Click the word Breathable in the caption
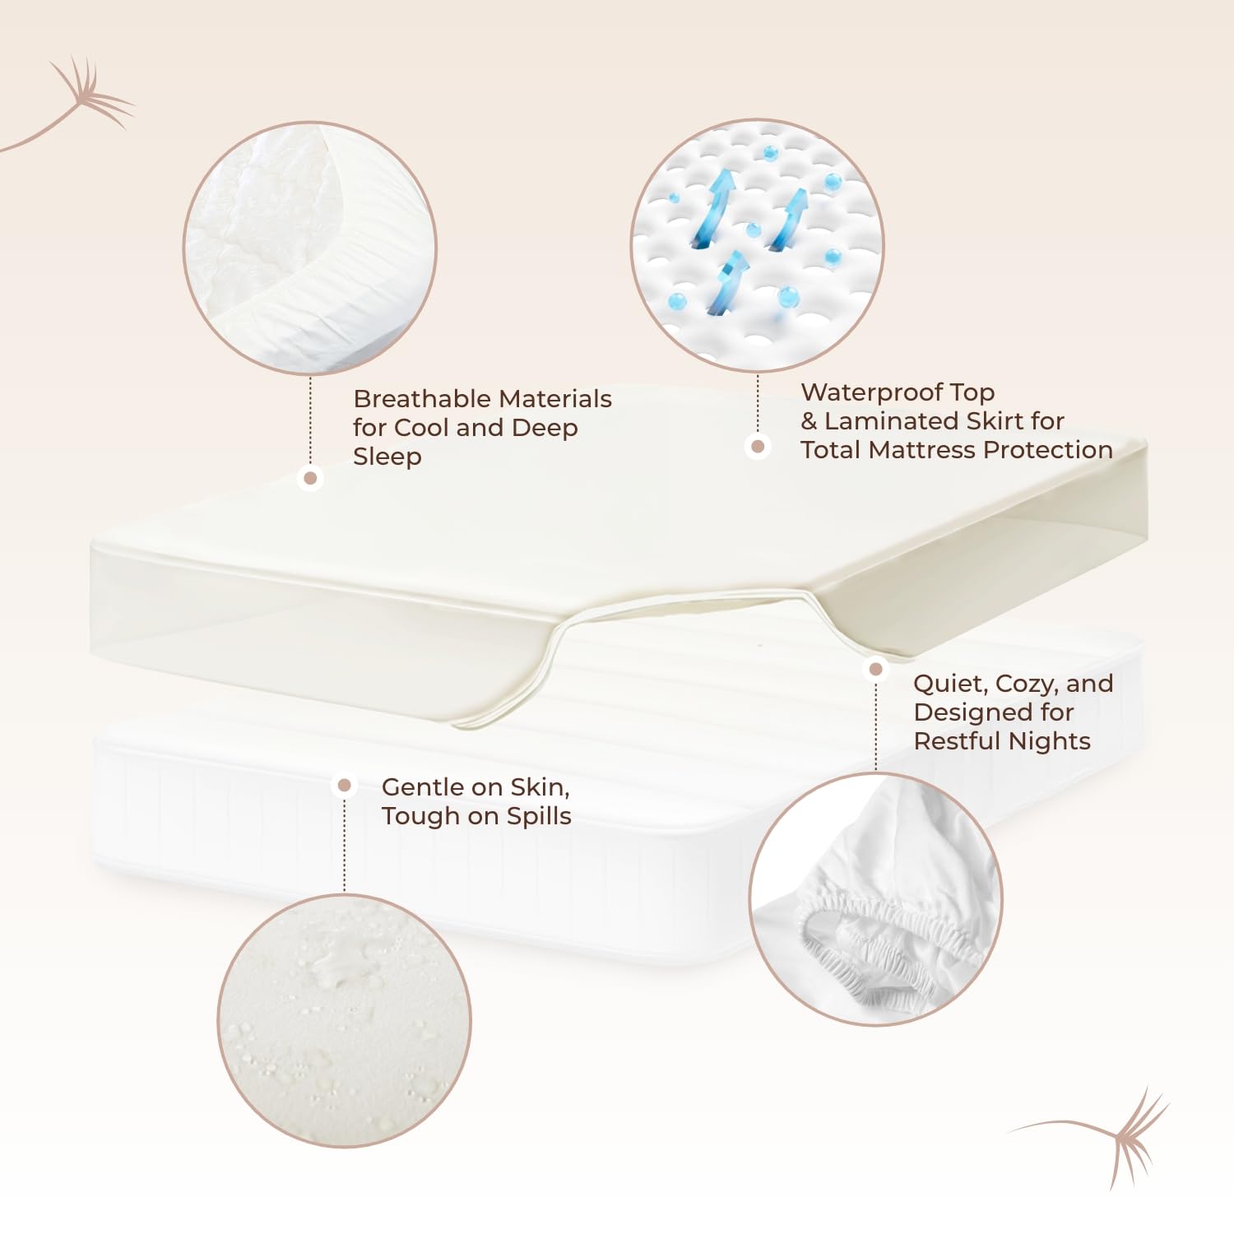point(423,399)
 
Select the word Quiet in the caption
point(949,684)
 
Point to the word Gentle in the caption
point(421,787)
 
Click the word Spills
point(539,816)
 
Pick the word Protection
point(1048,450)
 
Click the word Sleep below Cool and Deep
point(387,457)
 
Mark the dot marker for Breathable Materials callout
point(310,478)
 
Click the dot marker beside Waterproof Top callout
point(758,447)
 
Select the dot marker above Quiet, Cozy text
point(876,669)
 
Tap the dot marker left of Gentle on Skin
point(345,786)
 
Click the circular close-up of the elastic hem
point(876,899)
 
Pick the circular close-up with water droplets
point(345,1020)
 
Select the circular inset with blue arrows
point(758,245)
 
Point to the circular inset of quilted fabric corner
point(310,248)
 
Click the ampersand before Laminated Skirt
point(810,421)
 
